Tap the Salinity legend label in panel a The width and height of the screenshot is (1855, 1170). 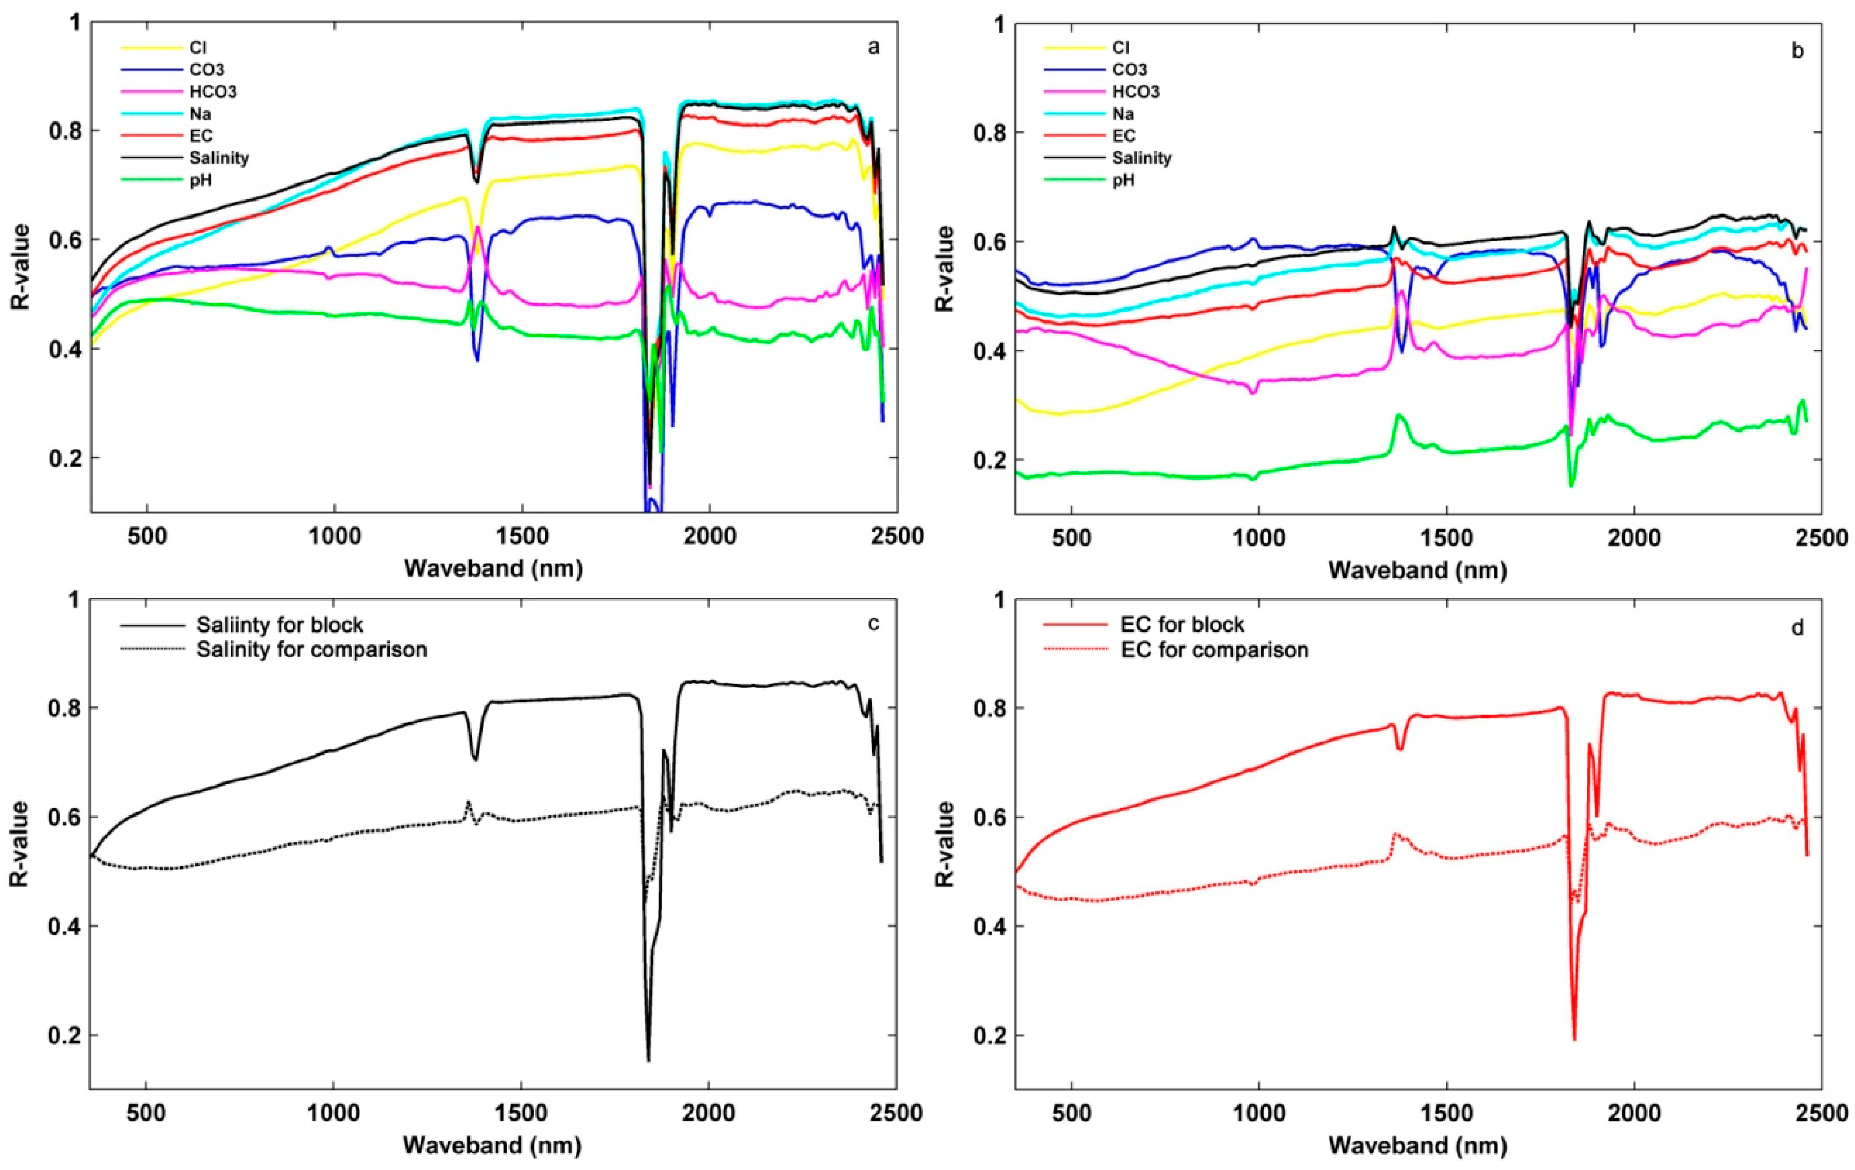(219, 158)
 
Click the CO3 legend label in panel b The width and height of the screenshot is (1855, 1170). (1129, 70)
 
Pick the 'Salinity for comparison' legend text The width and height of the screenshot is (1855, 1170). (311, 650)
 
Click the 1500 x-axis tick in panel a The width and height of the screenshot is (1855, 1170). (522, 537)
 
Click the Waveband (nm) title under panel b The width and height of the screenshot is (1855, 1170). (1418, 571)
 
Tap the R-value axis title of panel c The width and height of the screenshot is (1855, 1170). (21, 843)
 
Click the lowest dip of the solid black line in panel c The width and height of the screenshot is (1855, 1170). (649, 1060)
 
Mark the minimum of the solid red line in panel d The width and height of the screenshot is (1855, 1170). (1574, 1039)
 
